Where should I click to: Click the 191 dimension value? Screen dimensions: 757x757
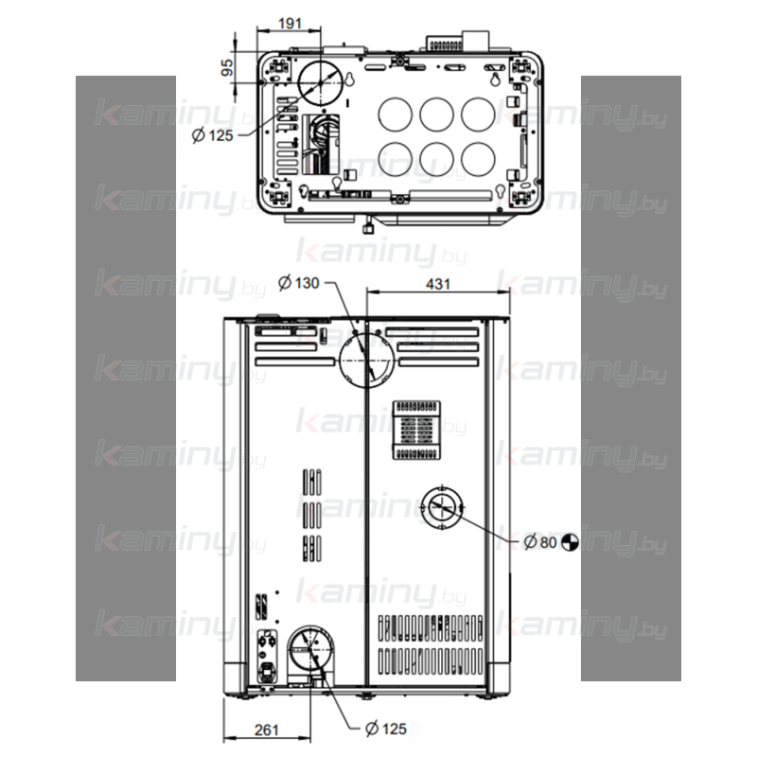[290, 23]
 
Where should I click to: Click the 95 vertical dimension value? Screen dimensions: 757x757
[227, 67]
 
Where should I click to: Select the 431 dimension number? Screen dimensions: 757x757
[438, 284]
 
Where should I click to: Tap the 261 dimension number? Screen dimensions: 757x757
[267, 730]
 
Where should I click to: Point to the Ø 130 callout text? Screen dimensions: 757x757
[299, 282]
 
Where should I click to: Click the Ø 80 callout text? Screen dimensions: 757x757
[540, 542]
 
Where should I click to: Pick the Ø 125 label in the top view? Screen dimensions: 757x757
[212, 135]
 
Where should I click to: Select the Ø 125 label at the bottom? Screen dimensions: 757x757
[386, 728]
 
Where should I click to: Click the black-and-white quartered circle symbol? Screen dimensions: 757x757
[570, 541]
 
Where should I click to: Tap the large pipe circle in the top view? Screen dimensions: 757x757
[321, 61]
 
